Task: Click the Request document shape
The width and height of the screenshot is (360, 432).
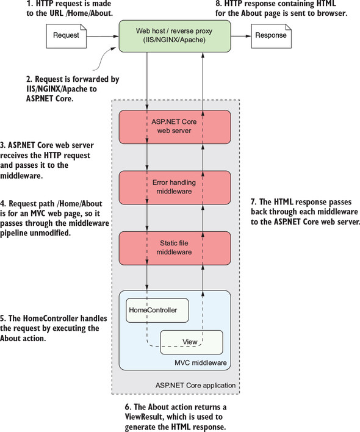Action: (x=66, y=36)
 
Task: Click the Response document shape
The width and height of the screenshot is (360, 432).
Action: (x=271, y=36)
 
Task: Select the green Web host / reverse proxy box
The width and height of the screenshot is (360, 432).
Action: (x=175, y=36)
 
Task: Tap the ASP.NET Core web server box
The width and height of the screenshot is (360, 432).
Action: (x=175, y=127)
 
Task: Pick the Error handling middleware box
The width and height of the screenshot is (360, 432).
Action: (x=175, y=187)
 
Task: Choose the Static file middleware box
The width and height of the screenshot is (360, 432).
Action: (x=175, y=248)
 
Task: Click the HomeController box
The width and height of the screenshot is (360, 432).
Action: (x=157, y=310)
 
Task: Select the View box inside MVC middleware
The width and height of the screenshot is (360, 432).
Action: (x=192, y=342)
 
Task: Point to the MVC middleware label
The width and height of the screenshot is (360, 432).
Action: (x=201, y=362)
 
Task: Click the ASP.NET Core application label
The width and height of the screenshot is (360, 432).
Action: (x=195, y=385)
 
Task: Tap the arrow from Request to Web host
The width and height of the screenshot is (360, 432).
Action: (x=103, y=36)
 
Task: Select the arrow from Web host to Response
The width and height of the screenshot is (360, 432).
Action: (x=241, y=36)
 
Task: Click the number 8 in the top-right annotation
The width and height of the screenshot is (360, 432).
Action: (x=218, y=4)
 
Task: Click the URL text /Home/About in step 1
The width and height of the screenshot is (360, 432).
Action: (x=88, y=13)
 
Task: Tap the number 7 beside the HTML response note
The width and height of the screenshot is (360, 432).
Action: (x=253, y=202)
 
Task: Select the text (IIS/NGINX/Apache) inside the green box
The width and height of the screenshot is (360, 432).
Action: (x=175, y=40)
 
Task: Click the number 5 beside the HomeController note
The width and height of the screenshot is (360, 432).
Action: (x=2, y=319)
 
